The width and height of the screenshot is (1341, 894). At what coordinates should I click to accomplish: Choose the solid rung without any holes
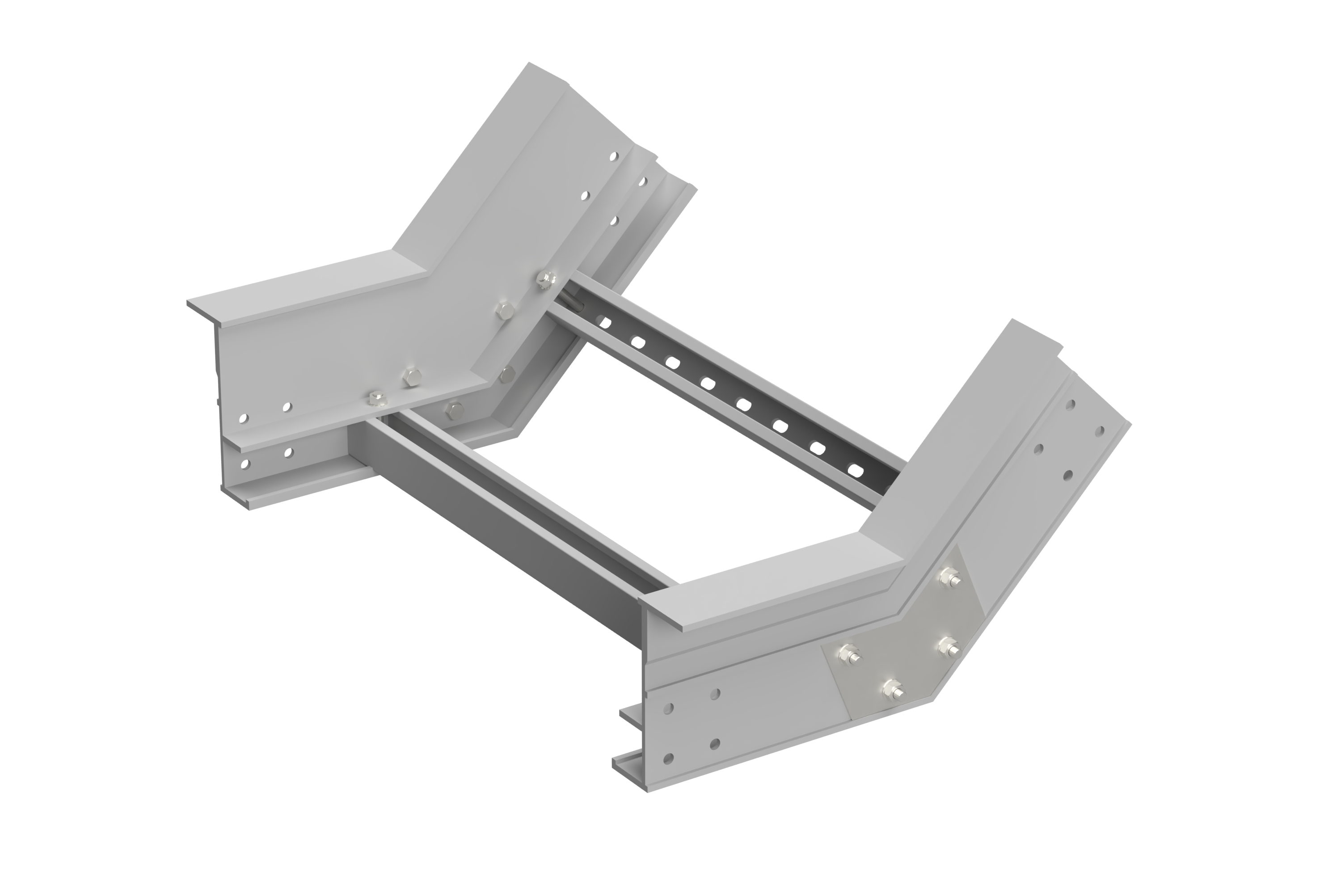tap(513, 513)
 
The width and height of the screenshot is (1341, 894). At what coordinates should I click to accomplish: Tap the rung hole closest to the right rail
tap(853, 470)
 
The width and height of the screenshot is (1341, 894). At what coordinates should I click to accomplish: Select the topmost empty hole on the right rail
tap(1070, 404)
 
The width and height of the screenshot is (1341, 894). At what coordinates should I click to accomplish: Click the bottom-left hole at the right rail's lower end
tap(669, 758)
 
